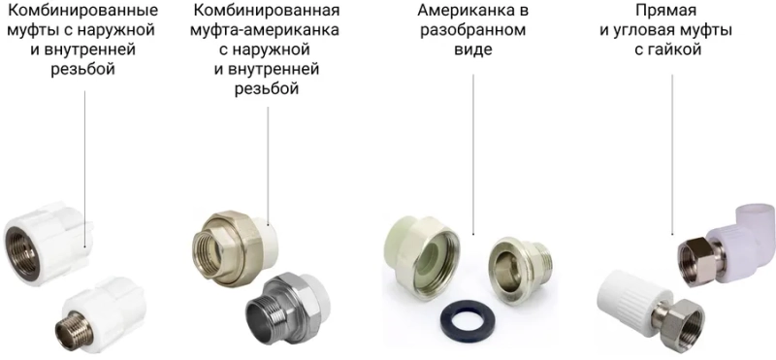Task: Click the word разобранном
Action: tap(473, 31)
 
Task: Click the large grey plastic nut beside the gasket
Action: tap(426, 257)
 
